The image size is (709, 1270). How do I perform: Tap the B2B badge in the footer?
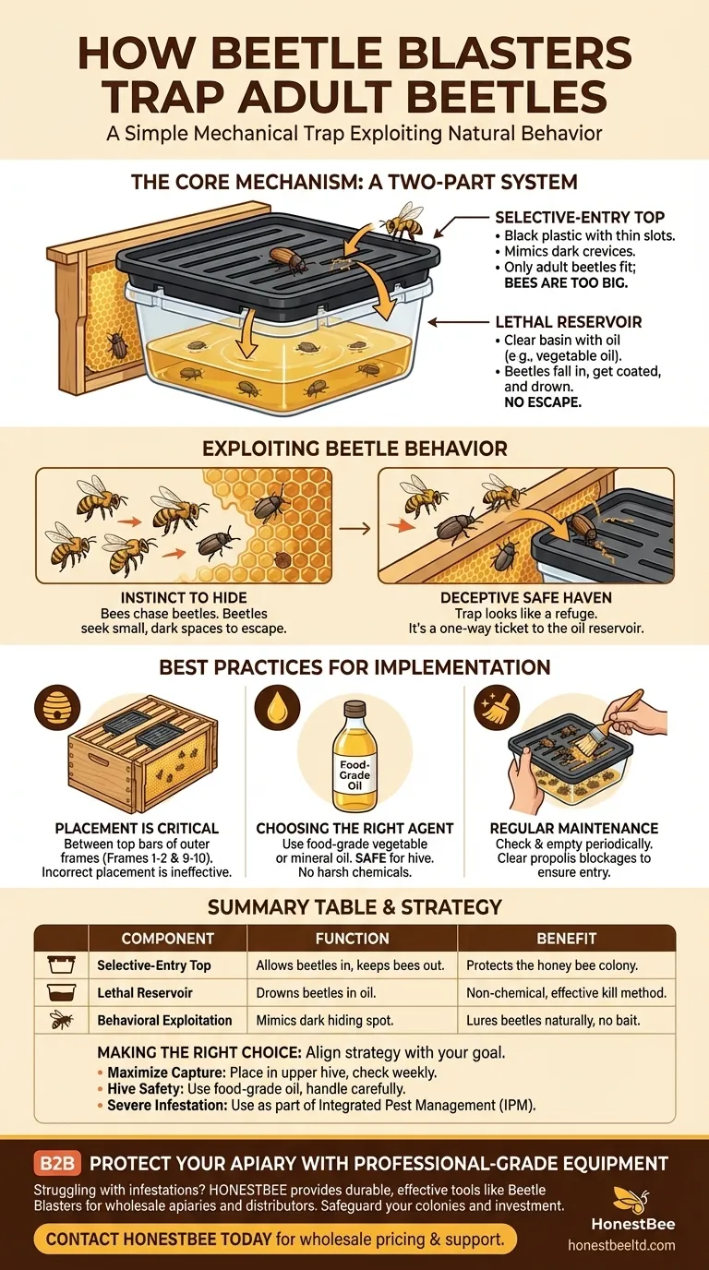(58, 1163)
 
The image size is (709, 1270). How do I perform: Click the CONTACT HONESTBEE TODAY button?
(275, 1239)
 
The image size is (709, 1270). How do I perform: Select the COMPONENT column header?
(167, 938)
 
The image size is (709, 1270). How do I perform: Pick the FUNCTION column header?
(352, 938)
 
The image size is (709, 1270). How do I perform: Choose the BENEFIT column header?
(566, 938)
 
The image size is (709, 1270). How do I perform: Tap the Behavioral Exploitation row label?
(164, 1021)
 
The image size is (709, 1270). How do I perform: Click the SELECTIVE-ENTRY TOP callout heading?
(579, 217)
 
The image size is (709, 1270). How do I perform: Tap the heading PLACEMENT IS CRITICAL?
(136, 828)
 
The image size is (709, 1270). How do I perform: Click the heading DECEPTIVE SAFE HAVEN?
(525, 598)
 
